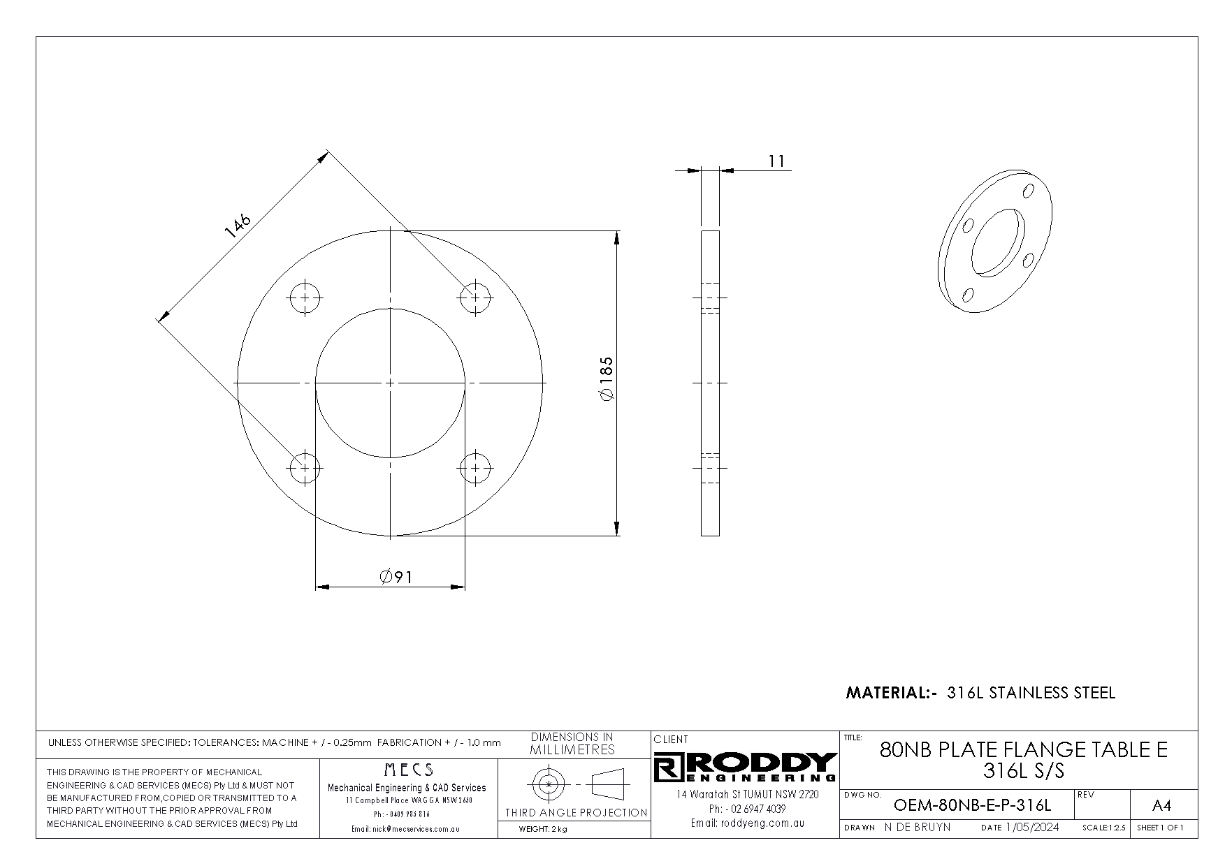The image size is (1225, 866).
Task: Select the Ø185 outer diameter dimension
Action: click(606, 379)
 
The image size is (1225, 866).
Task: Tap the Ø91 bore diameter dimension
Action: click(396, 577)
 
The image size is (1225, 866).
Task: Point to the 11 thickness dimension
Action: click(776, 161)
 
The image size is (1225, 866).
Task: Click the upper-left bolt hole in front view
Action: click(305, 298)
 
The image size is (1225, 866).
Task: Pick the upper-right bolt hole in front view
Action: click(476, 298)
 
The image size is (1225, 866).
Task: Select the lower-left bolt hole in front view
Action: click(305, 468)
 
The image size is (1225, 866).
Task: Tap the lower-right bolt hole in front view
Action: click(476, 468)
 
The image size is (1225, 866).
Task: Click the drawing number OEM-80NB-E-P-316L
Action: click(972, 805)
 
